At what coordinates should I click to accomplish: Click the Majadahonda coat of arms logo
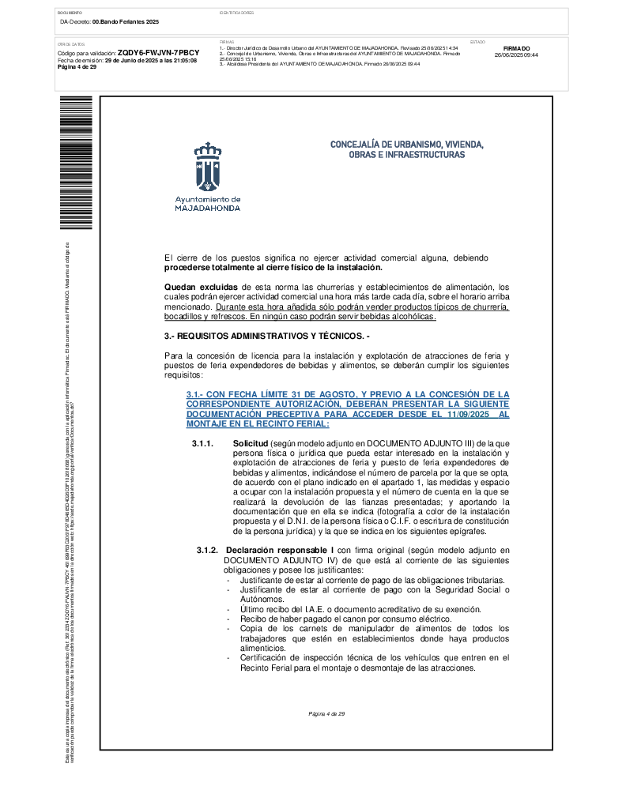[x=208, y=167]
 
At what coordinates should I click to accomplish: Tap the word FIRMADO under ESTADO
[x=516, y=48]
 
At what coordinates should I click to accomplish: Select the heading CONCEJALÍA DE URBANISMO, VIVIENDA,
[x=406, y=145]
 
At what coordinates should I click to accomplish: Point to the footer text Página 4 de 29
[x=327, y=713]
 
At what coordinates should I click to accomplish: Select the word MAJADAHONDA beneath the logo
[x=207, y=209]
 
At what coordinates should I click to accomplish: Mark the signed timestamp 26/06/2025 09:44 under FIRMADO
[x=516, y=55]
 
